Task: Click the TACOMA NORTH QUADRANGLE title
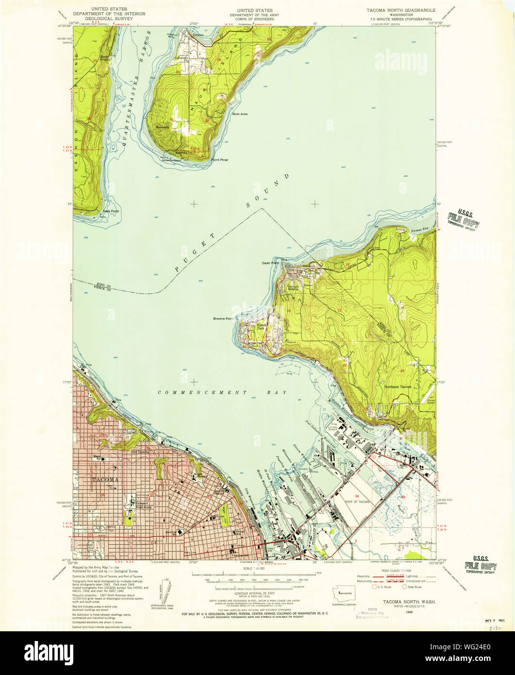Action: [400, 10]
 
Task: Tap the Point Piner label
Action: [219, 159]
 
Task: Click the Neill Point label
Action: [111, 211]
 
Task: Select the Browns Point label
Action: [223, 319]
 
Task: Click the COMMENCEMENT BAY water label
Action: [222, 392]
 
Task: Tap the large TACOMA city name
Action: [105, 480]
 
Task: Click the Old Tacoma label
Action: [140, 452]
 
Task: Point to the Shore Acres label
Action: [240, 114]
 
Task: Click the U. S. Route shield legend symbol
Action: [375, 587]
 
